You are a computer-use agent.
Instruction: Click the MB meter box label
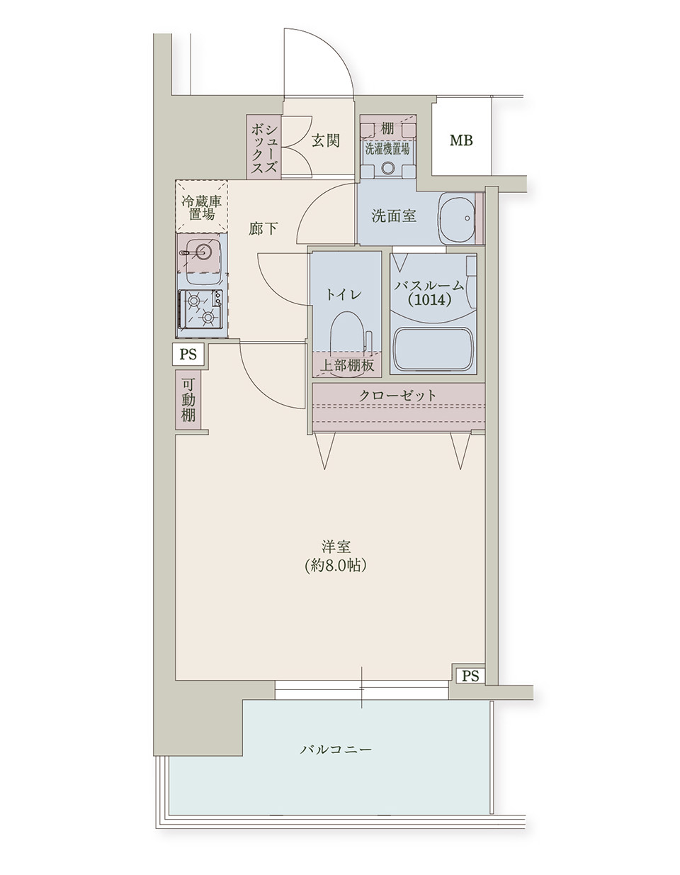point(461,140)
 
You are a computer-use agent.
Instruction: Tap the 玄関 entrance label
point(326,140)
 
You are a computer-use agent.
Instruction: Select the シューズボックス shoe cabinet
point(263,146)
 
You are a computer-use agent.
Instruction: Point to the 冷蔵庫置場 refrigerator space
point(201,206)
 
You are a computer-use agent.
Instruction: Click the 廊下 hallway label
point(263,229)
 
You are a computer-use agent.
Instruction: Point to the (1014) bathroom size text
point(429,300)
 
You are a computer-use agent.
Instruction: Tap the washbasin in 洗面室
point(456,218)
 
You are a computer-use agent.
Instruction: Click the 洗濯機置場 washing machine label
point(387,149)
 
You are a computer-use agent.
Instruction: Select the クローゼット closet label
point(397,395)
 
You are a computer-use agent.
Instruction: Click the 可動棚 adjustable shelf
point(188,400)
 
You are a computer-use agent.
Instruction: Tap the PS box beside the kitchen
point(188,355)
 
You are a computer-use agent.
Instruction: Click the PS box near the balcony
point(470,675)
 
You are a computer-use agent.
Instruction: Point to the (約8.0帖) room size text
point(335,566)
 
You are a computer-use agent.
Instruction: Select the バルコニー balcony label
point(336,749)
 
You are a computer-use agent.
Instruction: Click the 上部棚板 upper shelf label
point(346,364)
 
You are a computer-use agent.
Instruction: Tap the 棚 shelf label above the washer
point(387,129)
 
